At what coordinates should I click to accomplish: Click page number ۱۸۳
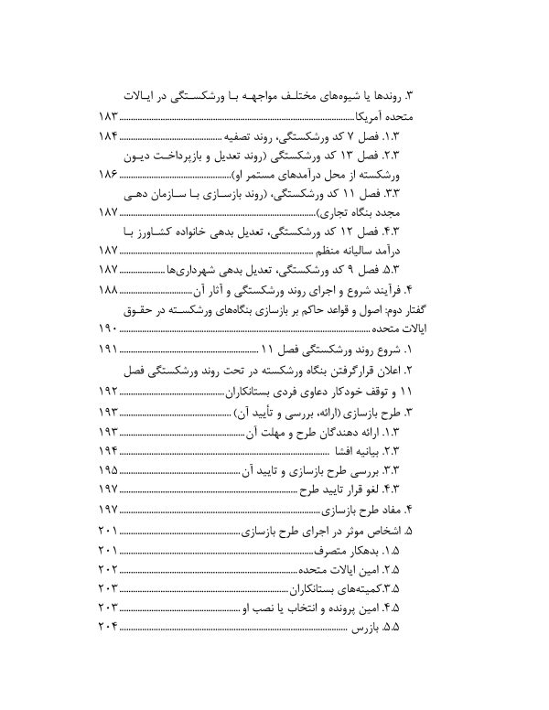tap(108, 119)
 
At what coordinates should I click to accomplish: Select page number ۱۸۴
tap(108, 136)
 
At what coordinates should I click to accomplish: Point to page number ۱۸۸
tap(108, 289)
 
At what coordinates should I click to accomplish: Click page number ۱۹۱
tap(108, 350)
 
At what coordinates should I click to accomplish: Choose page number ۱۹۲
tap(108, 393)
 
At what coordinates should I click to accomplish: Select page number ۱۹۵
tap(108, 470)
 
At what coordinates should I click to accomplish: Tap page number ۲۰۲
tap(108, 570)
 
